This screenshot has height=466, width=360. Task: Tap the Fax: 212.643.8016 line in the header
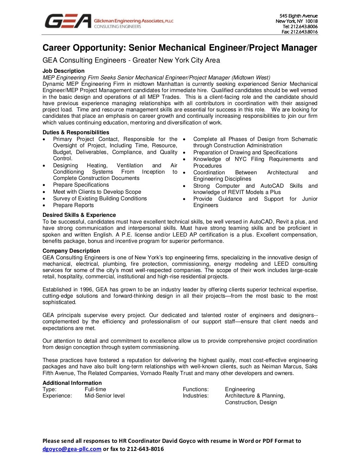[x=300, y=32]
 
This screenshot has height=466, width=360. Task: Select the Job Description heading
[x=63, y=71]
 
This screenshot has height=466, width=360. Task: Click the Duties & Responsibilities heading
[x=76, y=132]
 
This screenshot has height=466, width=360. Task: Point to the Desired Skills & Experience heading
[x=79, y=215]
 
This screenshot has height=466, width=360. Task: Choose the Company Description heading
[x=71, y=251]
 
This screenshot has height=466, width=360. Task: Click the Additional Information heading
[x=72, y=383]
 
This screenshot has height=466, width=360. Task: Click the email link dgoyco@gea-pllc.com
[x=72, y=449]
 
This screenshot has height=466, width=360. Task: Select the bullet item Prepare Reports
[x=73, y=205]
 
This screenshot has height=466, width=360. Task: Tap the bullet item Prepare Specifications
[x=81, y=185]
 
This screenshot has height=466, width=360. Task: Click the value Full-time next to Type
[x=95, y=389]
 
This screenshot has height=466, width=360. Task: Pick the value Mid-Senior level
[x=104, y=396]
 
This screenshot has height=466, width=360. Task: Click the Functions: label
[x=195, y=389]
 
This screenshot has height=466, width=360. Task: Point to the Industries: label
[x=195, y=396]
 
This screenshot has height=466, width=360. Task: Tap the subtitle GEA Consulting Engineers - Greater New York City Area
[x=131, y=60]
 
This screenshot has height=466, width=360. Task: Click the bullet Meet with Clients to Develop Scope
[x=97, y=192]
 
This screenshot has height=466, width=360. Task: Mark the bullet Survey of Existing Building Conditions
[x=100, y=199]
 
